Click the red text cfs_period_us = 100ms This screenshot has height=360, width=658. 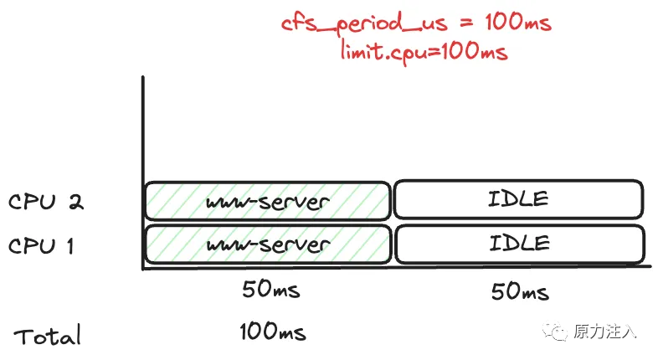click(416, 23)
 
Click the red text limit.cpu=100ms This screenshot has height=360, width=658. click(424, 52)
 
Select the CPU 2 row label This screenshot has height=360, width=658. click(46, 203)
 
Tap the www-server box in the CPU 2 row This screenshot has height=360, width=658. click(267, 202)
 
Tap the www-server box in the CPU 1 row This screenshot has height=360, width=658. click(267, 245)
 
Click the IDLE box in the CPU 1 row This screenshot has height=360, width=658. click(519, 244)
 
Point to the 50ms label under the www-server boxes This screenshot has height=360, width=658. click(270, 291)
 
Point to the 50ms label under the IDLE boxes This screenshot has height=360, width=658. click(520, 292)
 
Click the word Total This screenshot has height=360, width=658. click(48, 336)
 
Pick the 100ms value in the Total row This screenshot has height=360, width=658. click(272, 332)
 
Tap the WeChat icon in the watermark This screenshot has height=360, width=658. click(554, 332)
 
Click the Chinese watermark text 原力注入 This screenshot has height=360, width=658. click(604, 332)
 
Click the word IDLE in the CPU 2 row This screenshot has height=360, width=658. click(519, 200)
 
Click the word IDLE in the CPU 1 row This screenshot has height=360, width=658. click(519, 244)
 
